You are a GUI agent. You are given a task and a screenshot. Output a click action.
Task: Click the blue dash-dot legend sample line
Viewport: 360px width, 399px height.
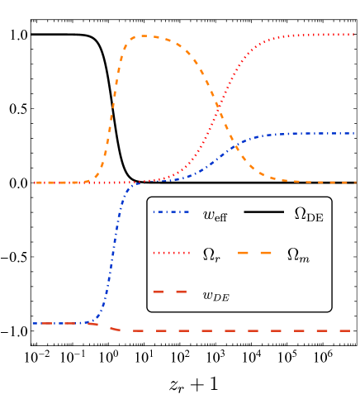171,212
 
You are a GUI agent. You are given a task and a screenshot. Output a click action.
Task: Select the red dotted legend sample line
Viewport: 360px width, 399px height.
171,253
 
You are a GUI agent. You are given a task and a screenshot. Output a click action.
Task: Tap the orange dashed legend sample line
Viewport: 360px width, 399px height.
254,253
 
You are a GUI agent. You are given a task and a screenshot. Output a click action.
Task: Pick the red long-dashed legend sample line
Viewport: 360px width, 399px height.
170,292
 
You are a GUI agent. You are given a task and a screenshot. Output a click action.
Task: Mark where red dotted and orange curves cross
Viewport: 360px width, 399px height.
218,105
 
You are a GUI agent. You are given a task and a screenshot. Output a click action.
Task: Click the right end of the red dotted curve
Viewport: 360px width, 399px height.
355,35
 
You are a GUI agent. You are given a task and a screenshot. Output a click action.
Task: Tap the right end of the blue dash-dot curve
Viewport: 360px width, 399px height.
355,133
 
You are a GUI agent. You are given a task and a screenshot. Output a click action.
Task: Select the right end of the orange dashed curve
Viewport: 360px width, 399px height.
355,183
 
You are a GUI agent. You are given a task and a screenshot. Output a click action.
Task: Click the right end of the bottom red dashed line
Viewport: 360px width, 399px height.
350,330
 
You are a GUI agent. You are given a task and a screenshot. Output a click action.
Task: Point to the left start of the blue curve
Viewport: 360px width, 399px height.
33,323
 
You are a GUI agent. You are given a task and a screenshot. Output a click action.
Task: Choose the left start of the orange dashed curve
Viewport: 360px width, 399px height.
35,183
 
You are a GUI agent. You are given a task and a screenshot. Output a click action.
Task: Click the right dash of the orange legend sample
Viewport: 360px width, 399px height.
266,253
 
